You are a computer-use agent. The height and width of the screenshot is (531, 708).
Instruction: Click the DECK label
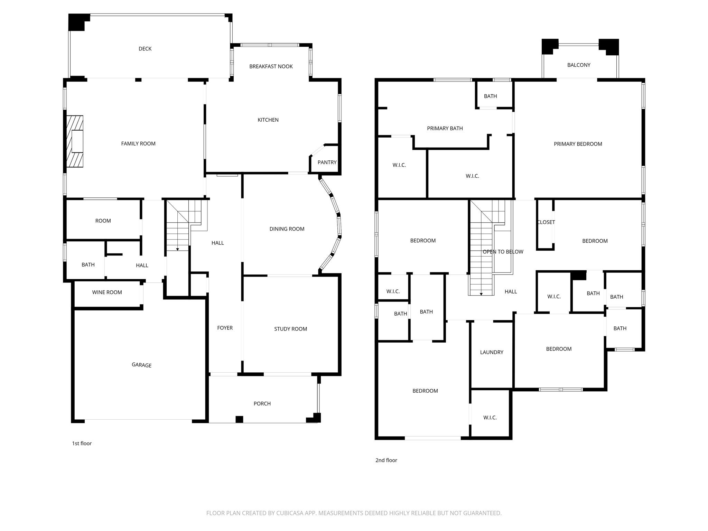pos(145,49)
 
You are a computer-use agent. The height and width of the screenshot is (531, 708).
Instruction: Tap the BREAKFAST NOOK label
pos(271,66)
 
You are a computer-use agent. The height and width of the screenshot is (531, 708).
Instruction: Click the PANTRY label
pos(327,162)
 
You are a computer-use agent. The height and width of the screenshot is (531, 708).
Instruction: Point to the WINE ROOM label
pos(107,292)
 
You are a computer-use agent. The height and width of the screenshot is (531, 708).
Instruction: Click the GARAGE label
pos(141,365)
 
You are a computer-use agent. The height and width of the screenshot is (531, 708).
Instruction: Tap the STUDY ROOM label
pos(290,329)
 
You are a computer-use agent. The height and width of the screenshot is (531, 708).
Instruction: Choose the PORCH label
pos(262,403)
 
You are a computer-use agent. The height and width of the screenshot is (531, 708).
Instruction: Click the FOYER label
pos(225,328)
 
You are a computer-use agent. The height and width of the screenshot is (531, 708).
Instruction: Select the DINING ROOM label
pos(287,229)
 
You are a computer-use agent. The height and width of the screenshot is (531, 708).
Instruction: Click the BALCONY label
pos(579,65)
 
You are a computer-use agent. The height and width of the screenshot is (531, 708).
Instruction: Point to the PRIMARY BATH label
pos(445,128)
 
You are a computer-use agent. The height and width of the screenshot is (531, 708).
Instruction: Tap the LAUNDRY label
pos(492,352)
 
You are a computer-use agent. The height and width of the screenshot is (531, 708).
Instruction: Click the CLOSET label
pos(546,222)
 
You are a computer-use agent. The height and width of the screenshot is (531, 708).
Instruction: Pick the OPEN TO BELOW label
pos(503,252)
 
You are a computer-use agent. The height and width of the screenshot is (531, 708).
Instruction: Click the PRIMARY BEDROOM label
pos(578,144)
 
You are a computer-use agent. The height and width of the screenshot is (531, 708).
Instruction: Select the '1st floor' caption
pos(82,443)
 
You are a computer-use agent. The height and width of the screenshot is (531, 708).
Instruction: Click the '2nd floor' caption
pos(386,460)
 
